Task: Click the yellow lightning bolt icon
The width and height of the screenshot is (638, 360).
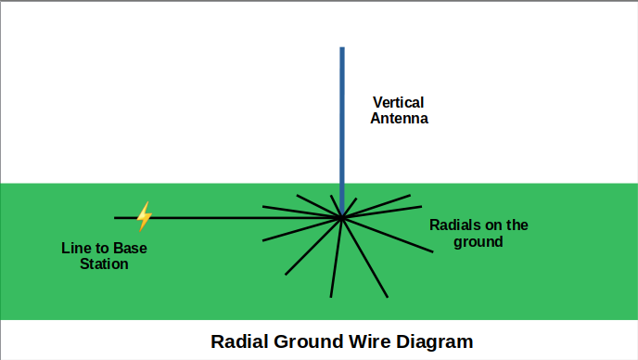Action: (144, 216)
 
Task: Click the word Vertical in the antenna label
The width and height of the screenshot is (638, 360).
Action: (399, 102)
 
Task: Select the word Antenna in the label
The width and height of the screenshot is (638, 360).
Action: (399, 119)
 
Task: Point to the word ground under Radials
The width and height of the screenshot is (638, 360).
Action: (478, 242)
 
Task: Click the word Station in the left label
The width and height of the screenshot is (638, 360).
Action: (104, 264)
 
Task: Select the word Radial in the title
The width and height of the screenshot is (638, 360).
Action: (240, 341)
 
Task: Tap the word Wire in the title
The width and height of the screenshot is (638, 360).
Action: (368, 341)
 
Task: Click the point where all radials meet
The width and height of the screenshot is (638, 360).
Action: (342, 218)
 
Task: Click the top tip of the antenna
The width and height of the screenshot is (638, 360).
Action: (342, 48)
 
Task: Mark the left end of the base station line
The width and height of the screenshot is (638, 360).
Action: (115, 218)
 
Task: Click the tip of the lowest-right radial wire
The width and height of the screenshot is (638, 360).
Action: (387, 297)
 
